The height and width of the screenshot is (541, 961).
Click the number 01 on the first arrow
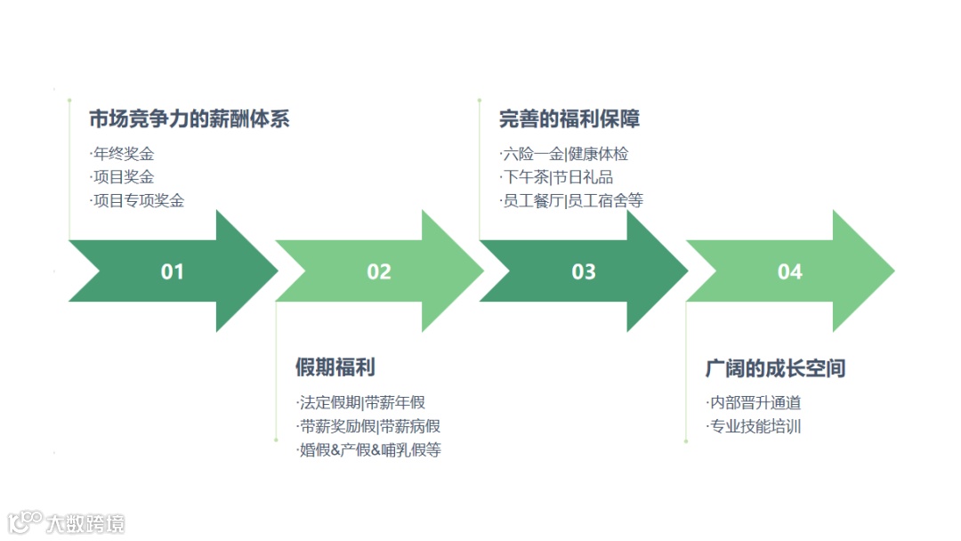tap(172, 271)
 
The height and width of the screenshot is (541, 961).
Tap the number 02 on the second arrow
tap(379, 271)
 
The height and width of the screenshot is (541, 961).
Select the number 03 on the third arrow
tap(584, 271)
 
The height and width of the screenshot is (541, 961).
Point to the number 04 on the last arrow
tap(790, 271)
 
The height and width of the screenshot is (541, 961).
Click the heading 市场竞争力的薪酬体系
tap(190, 119)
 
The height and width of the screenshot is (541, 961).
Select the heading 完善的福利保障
tap(569, 119)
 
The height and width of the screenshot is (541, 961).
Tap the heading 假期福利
tap(335, 367)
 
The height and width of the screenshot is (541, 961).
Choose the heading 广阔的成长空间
tap(775, 367)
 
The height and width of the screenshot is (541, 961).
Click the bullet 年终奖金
tap(124, 154)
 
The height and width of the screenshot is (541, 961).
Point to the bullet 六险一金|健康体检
tap(565, 154)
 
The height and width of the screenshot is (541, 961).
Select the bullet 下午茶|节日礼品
tap(558, 177)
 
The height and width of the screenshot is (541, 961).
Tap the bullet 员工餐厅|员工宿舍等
tap(572, 200)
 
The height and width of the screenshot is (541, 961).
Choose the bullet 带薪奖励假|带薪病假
tap(369, 426)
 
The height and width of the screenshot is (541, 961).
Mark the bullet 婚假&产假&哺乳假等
tap(369, 449)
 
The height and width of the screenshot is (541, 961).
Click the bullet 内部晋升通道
tap(755, 403)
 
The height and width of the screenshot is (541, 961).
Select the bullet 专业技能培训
tap(755, 426)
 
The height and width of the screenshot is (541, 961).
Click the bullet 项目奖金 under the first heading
tap(124, 177)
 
